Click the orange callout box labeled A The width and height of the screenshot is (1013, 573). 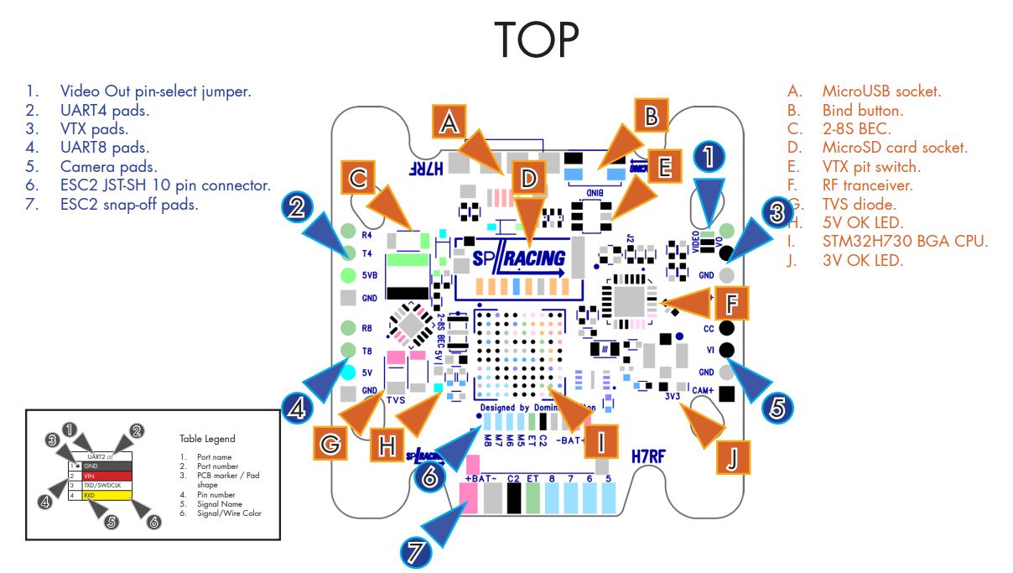(449, 123)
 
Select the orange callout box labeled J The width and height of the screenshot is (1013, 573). (732, 457)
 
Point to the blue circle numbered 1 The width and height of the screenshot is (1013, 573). (709, 157)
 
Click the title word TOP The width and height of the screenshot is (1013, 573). (537, 38)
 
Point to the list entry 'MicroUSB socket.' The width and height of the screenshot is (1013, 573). (881, 91)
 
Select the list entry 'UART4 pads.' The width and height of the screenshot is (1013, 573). (104, 110)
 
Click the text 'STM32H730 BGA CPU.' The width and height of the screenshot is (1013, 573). (904, 242)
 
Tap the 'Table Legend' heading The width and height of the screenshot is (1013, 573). (207, 438)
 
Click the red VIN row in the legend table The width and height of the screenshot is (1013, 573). (113, 475)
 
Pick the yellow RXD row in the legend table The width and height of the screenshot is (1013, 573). (113, 496)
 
